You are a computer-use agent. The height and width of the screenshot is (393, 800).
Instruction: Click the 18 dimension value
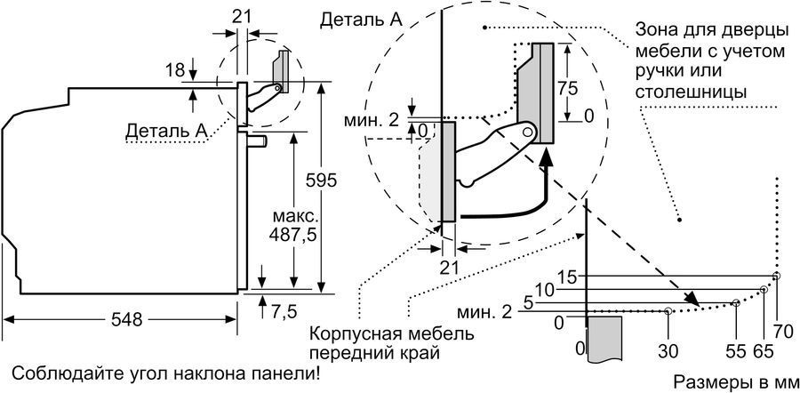click(175, 69)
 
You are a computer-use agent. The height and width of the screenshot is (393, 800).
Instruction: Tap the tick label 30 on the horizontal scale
click(668, 349)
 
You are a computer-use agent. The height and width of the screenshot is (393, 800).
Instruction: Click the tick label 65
click(762, 349)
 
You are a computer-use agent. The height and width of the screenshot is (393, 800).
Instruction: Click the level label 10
click(545, 290)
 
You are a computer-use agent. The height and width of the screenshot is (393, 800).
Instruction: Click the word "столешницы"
click(691, 92)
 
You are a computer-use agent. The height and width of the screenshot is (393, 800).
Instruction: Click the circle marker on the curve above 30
click(668, 311)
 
